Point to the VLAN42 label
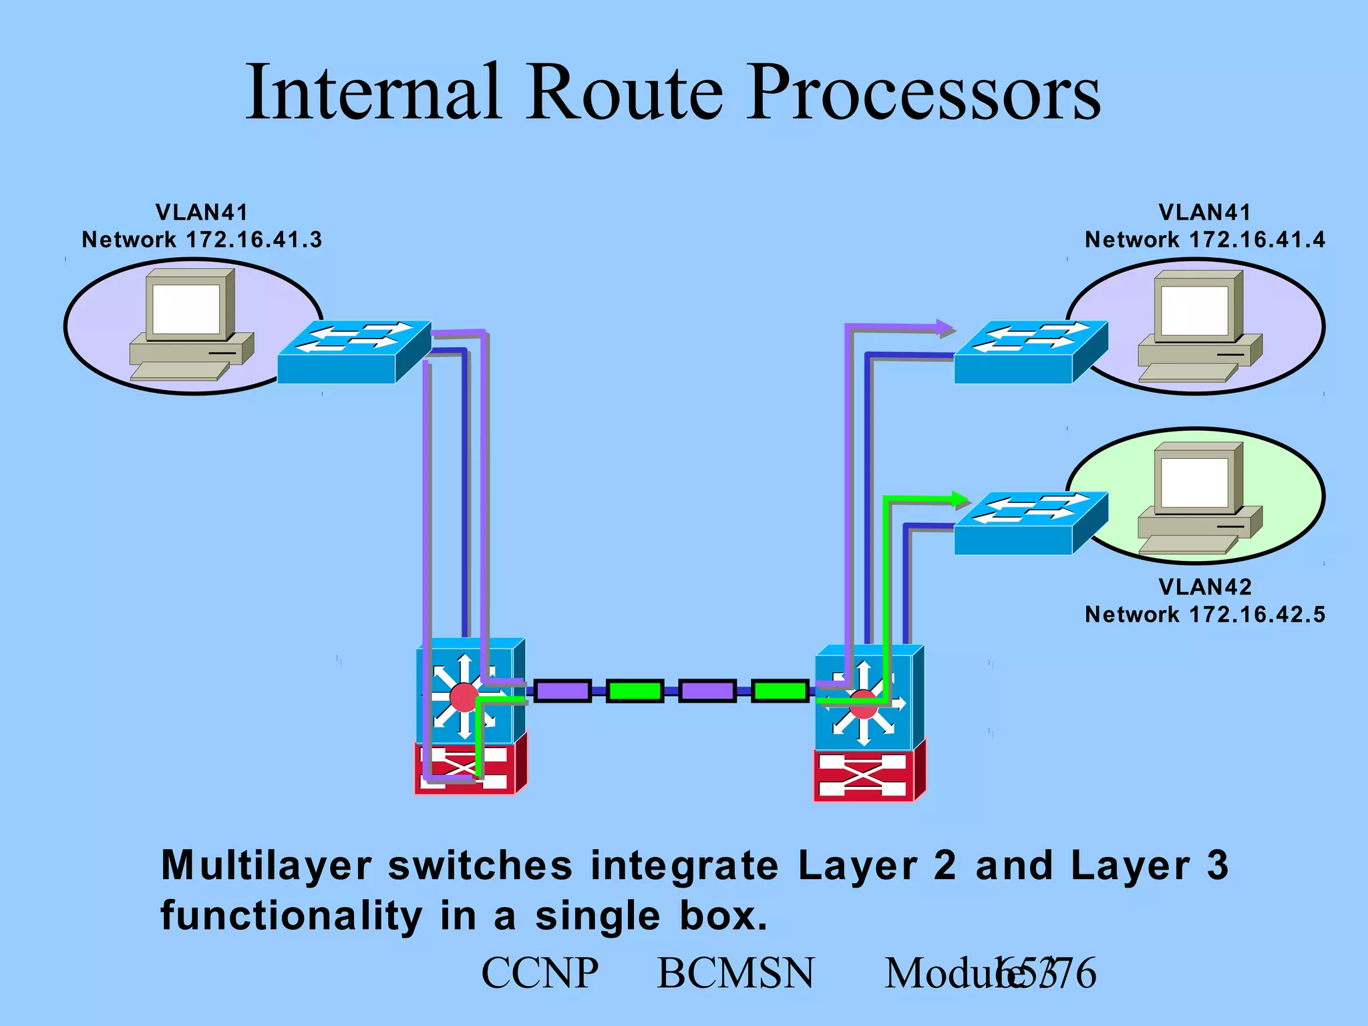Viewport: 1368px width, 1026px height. (1205, 586)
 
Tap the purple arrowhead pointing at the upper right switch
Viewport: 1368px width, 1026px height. (946, 328)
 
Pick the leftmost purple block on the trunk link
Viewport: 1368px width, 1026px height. (562, 691)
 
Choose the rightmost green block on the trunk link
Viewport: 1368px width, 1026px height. (779, 691)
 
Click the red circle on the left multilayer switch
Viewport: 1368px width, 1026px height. (464, 697)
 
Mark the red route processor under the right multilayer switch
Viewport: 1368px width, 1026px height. (867, 776)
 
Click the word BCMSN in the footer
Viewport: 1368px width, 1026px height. (735, 973)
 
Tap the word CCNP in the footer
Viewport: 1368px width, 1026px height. (540, 973)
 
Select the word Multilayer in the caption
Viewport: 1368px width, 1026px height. (266, 866)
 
